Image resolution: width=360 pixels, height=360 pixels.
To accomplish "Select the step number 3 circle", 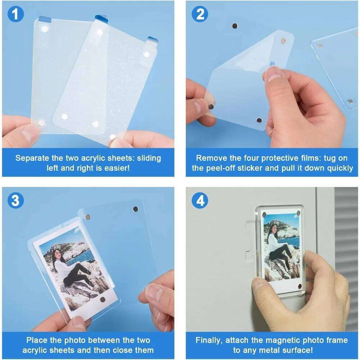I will click(x=15, y=201).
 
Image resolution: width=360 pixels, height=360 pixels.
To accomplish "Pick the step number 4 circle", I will click(x=200, y=201).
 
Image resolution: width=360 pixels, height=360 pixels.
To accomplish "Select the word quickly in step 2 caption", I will click(x=340, y=168).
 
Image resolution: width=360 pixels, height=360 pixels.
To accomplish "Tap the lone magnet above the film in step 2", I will click(x=235, y=26).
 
